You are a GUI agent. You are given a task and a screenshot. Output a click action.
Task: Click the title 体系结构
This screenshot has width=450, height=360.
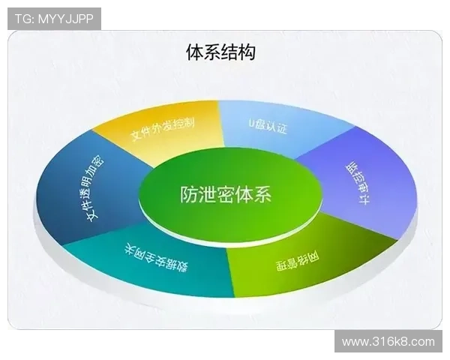[220, 52]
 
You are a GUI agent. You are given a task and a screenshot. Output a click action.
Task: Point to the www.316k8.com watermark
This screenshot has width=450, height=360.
[388, 341]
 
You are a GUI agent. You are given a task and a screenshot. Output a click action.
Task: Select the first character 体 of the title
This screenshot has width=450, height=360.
[194, 52]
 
